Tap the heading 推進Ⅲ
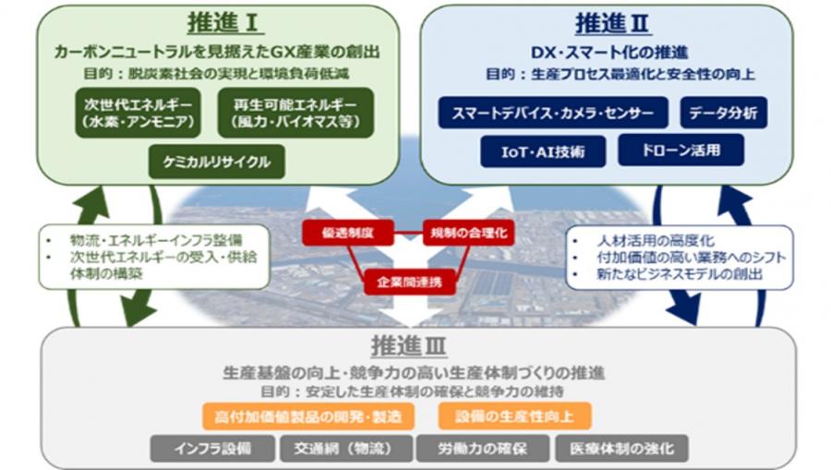(409, 347)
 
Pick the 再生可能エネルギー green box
(296, 113)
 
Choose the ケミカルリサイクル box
(217, 162)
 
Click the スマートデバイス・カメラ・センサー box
(553, 114)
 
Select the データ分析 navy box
(724, 114)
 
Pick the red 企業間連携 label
(409, 281)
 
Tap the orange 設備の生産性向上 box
(514, 416)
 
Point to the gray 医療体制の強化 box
(621, 450)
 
